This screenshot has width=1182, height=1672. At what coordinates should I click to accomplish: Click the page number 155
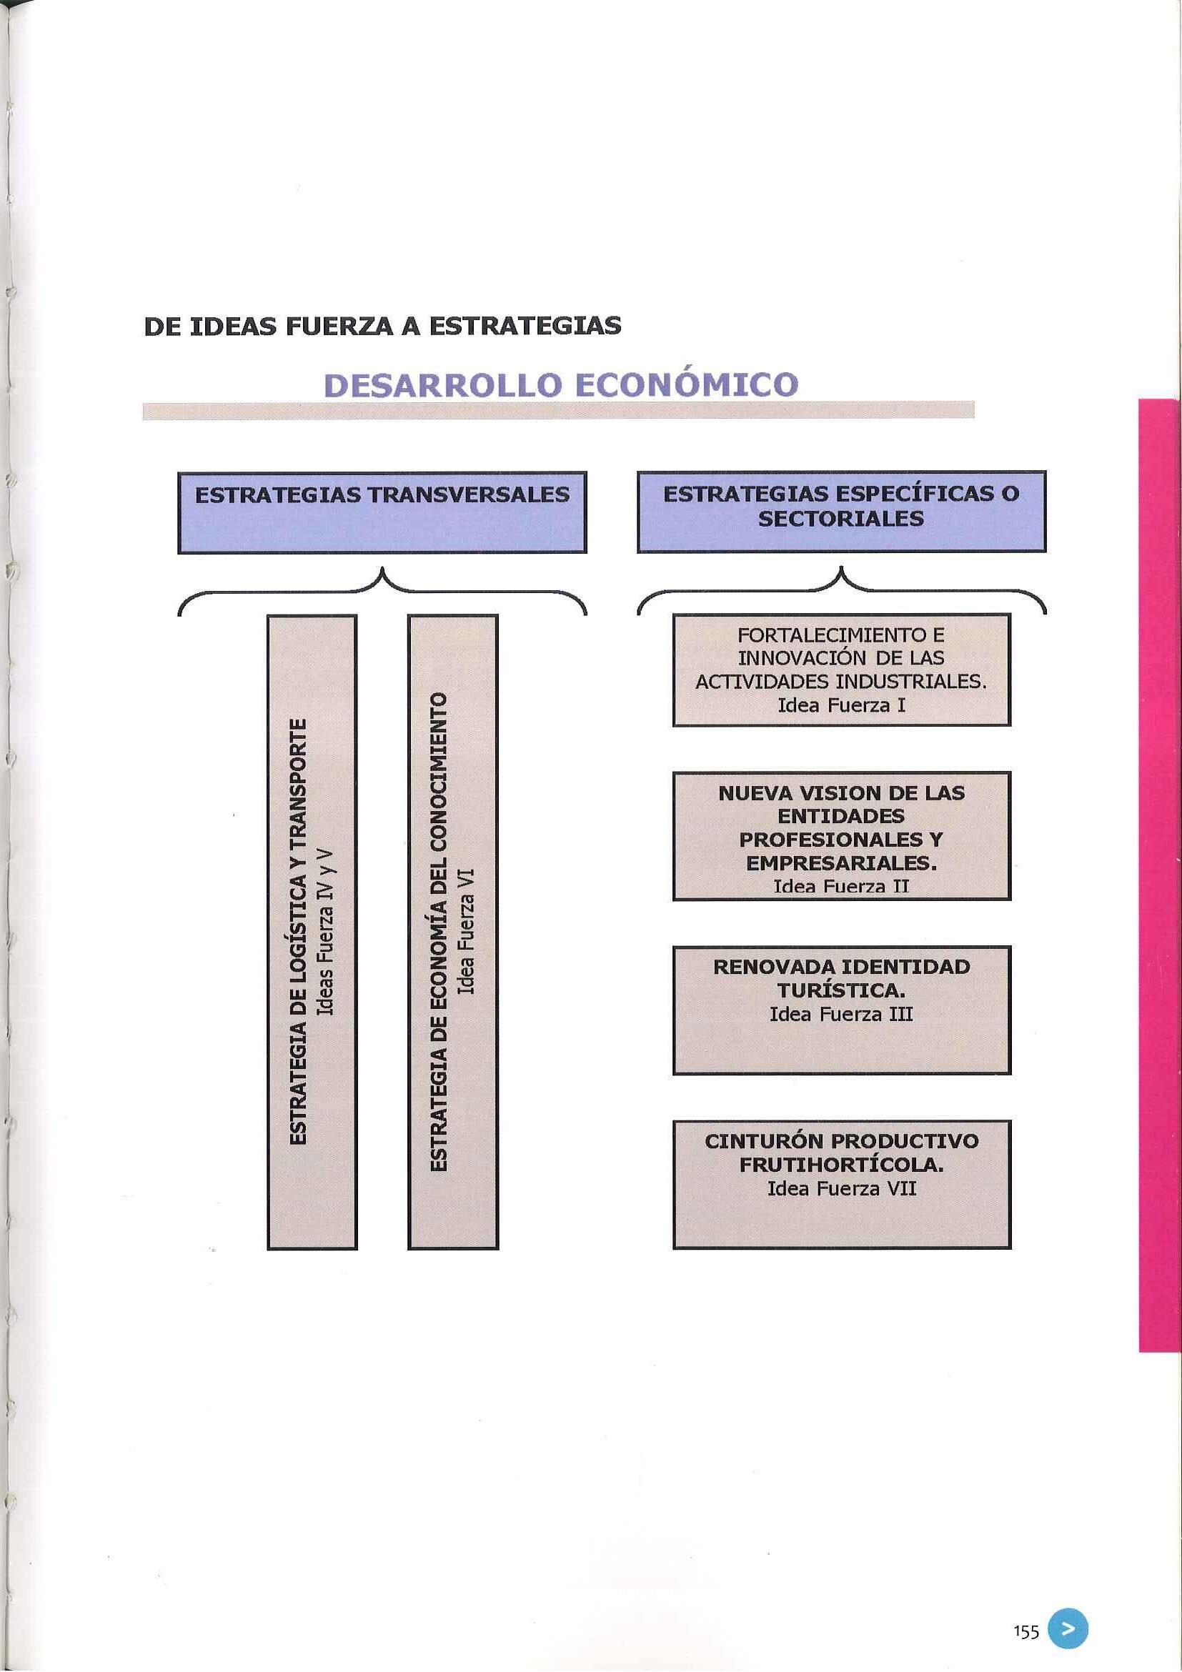(x=1025, y=1612)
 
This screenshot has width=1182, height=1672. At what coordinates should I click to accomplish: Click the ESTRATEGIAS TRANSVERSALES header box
(x=382, y=512)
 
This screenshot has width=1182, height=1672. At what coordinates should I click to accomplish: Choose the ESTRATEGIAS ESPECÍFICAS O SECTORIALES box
(x=841, y=512)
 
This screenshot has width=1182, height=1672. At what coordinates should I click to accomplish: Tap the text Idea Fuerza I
(x=841, y=705)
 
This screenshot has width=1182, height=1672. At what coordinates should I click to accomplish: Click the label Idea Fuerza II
(x=841, y=886)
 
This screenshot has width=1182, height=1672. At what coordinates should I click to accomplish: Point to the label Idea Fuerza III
(x=841, y=1014)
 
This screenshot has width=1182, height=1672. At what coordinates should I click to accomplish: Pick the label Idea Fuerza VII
(x=841, y=1188)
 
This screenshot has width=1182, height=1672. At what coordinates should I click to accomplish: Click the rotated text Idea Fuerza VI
(x=466, y=932)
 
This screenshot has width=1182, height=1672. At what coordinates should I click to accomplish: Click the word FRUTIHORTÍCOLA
(x=841, y=1165)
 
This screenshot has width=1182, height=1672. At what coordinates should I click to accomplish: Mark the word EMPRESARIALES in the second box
(x=841, y=863)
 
